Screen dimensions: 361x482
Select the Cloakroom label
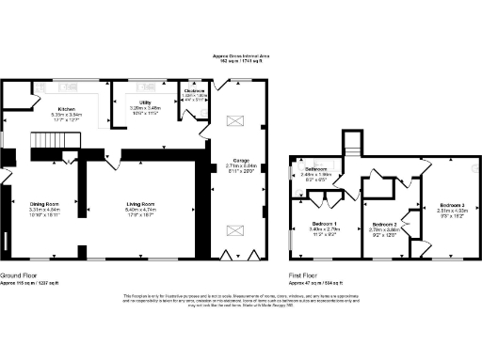pos(195,90)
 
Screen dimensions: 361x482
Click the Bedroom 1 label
pos(325,223)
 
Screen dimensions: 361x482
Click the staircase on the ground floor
pos(50,141)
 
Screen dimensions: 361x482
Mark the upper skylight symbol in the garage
pos(236,119)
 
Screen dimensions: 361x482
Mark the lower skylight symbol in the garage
pos(236,227)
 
